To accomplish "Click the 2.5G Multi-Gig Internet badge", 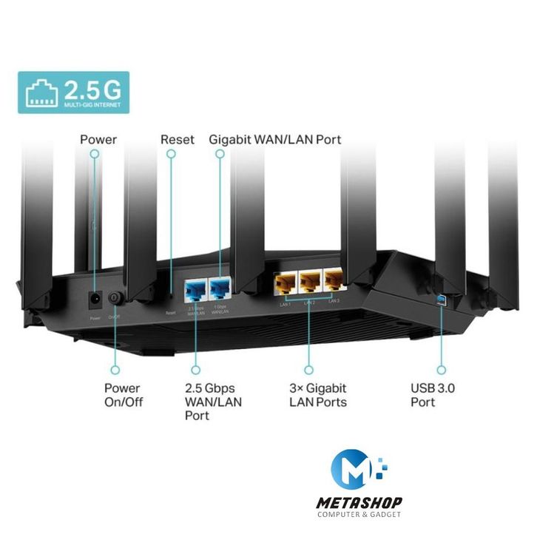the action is tap(73, 92).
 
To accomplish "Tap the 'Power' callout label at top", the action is tap(98, 139).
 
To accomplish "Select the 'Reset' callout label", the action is tap(178, 139).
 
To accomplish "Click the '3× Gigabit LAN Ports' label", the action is tap(317, 395).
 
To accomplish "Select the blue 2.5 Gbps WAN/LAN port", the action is tap(196, 286).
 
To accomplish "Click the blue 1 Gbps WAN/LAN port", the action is tap(220, 286).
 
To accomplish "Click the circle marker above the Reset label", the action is tap(171, 154).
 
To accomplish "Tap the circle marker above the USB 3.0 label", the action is tap(442, 368).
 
